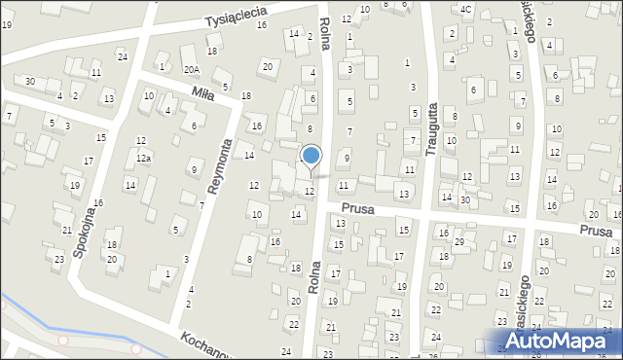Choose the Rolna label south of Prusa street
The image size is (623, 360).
(x=313, y=276)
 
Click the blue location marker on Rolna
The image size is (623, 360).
(x=311, y=156)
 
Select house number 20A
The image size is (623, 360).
(x=192, y=69)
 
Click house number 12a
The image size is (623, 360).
(x=143, y=158)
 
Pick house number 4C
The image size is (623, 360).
(x=466, y=10)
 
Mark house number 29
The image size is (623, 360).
(x=458, y=240)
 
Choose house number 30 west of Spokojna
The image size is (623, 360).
(x=30, y=81)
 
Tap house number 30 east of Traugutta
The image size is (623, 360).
(x=464, y=199)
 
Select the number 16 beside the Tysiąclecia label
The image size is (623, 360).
(x=262, y=24)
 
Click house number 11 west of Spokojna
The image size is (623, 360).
(x=95, y=73)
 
